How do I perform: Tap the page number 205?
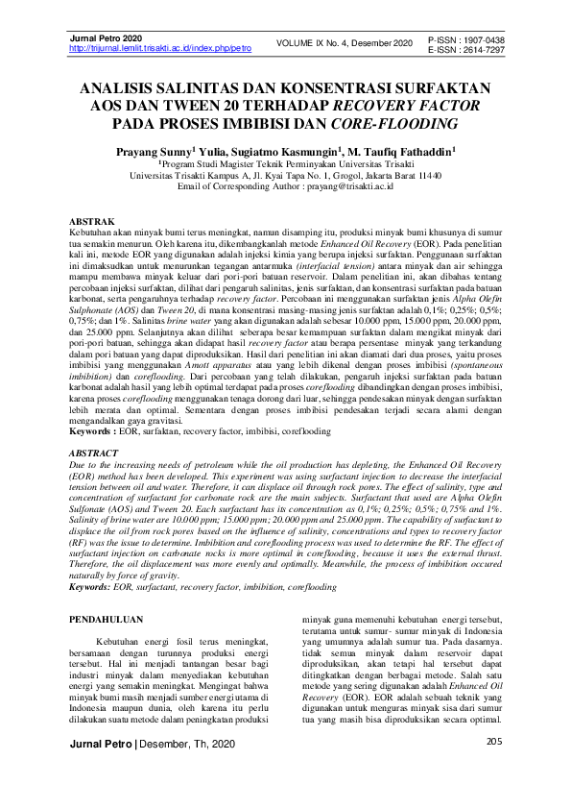[x=494, y=768]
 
